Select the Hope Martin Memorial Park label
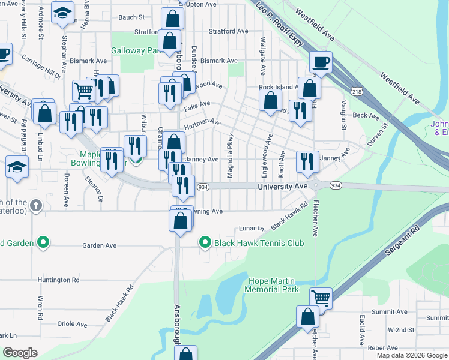(271, 285)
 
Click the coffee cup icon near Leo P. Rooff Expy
(321, 61)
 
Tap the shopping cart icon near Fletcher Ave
(321, 297)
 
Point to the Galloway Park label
(137, 51)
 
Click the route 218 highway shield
(357, 91)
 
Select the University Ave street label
(282, 187)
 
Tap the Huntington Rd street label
(58, 280)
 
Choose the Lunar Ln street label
(252, 229)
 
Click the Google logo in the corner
(20, 353)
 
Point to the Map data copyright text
(412, 355)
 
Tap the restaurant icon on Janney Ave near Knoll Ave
(306, 161)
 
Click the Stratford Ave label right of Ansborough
(228, 31)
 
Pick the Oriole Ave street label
(72, 324)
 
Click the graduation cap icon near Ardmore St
(62, 13)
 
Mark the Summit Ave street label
(390, 312)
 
